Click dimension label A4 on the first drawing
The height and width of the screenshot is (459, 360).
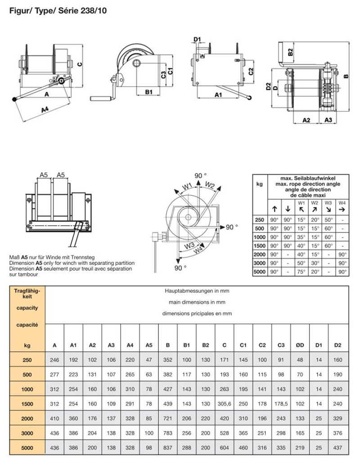click(45, 109)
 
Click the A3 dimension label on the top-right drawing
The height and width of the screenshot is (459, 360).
click(328, 119)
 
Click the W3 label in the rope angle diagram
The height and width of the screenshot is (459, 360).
click(188, 245)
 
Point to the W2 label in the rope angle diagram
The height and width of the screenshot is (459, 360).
click(210, 184)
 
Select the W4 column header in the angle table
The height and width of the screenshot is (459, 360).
click(342, 203)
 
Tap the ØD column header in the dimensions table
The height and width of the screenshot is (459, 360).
click(300, 345)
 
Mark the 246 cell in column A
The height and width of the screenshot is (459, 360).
click(54, 360)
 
